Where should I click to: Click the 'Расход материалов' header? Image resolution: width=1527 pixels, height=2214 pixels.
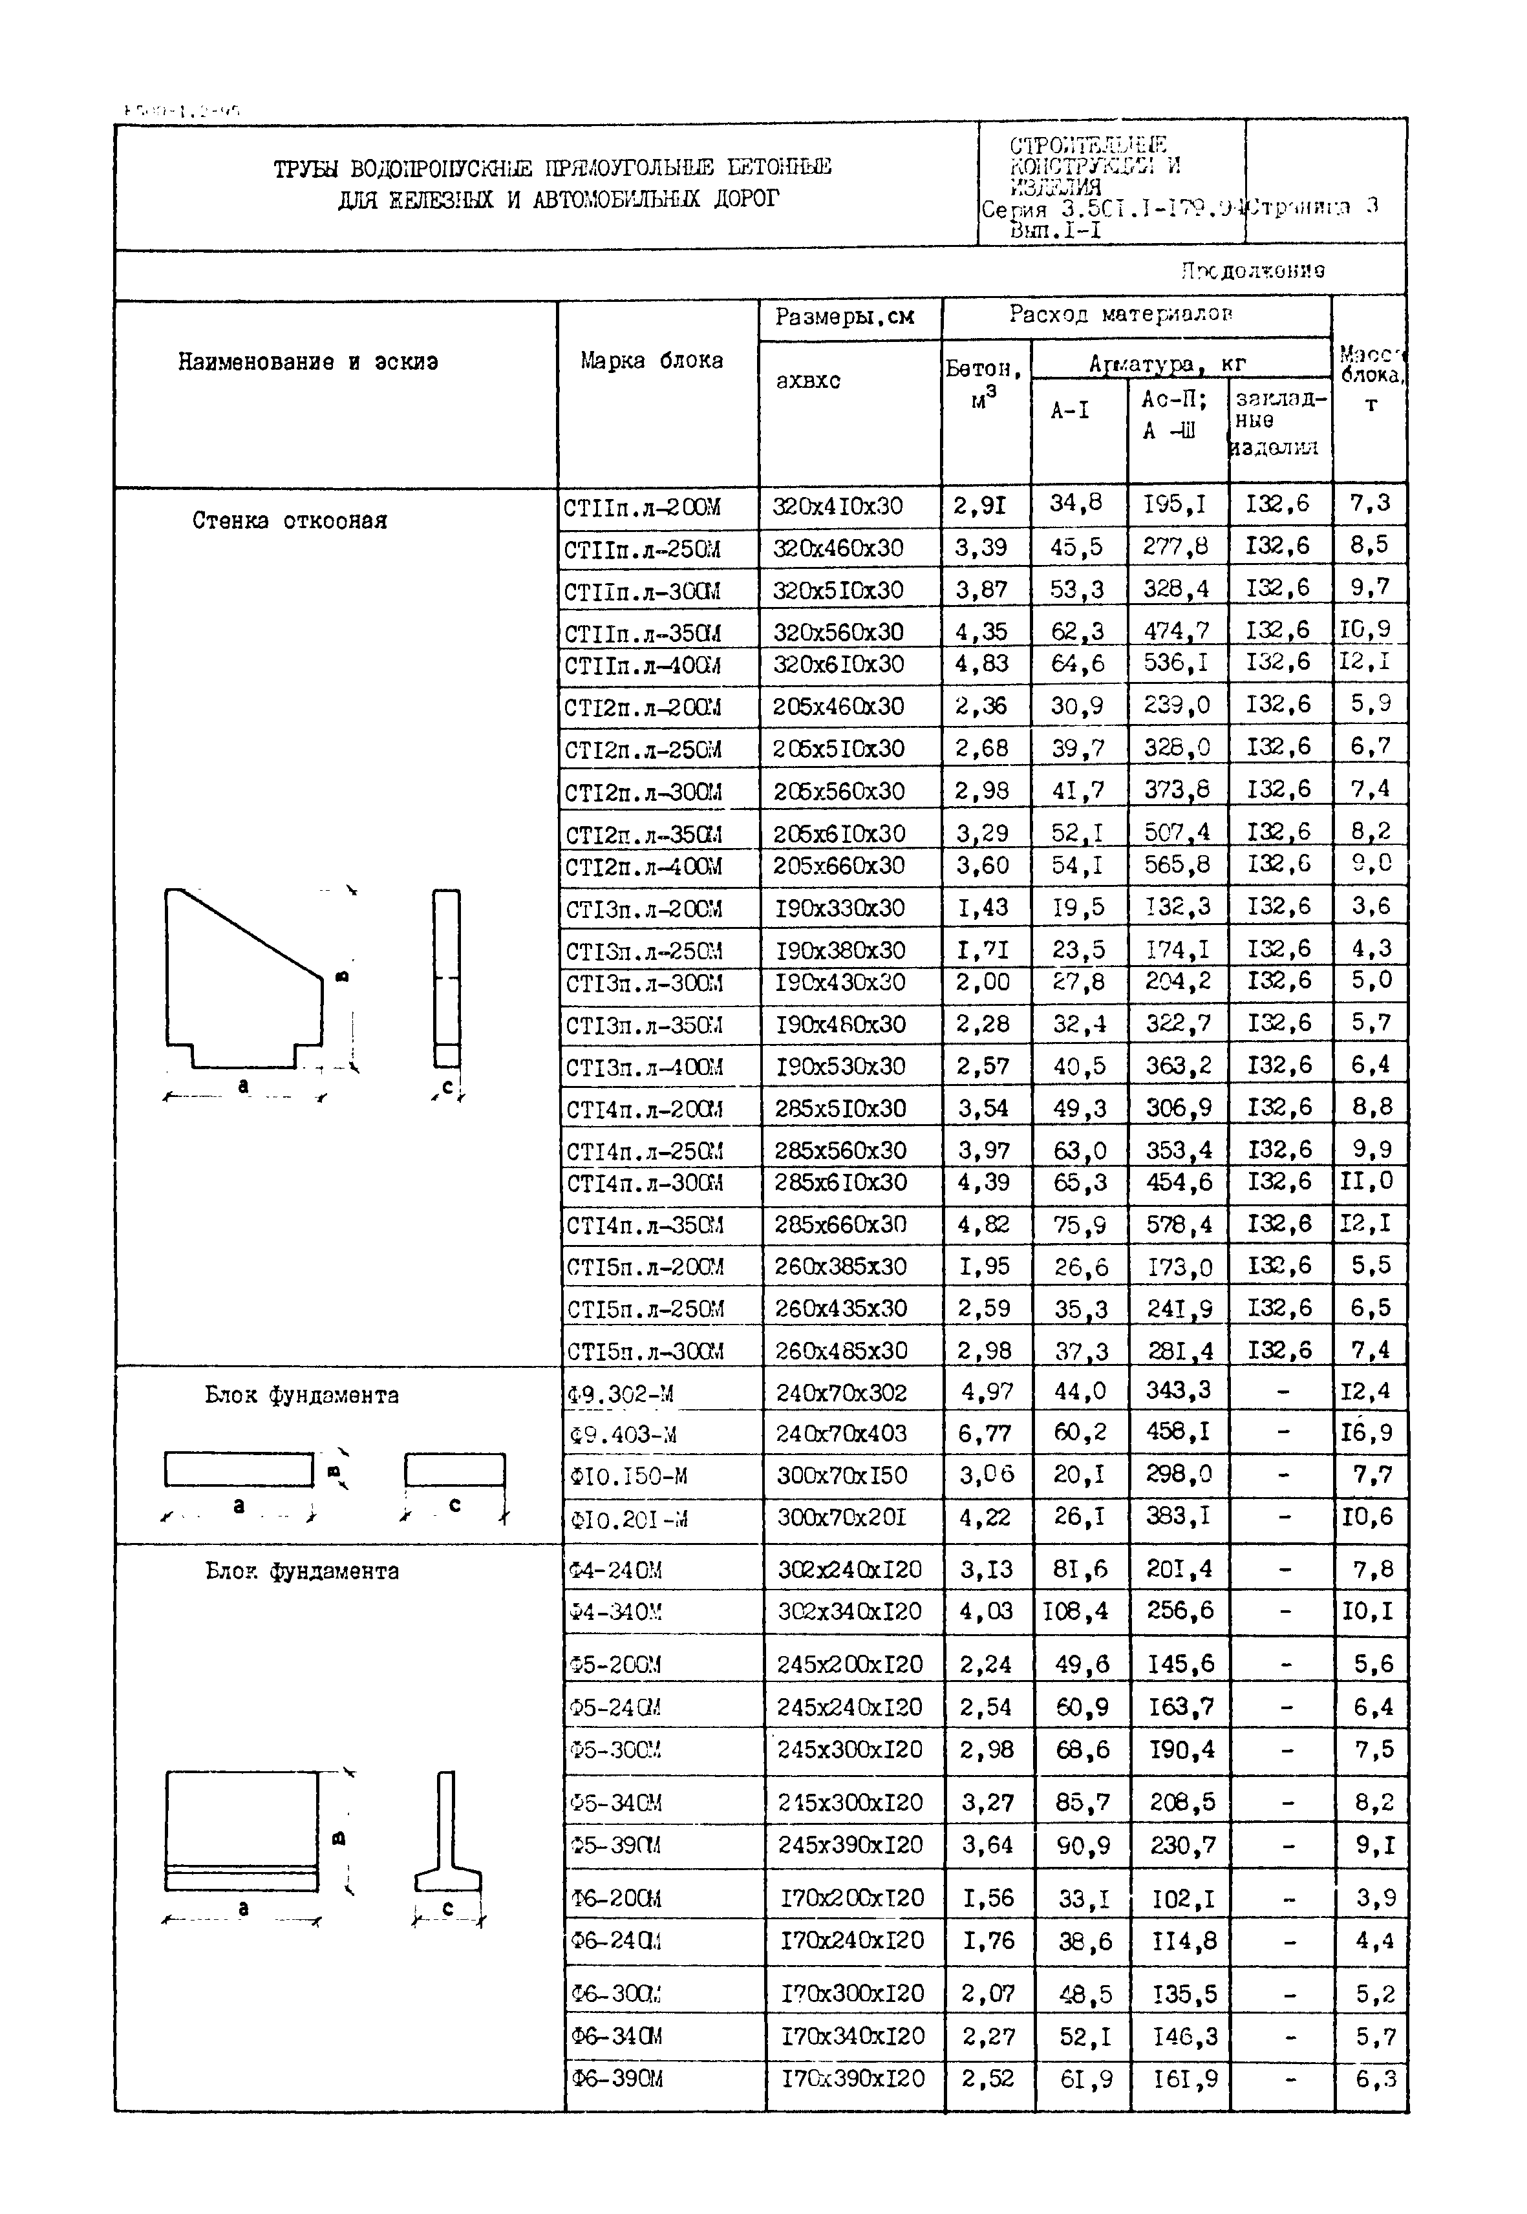tap(1120, 314)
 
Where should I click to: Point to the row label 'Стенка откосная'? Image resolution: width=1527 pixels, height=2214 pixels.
tap(289, 520)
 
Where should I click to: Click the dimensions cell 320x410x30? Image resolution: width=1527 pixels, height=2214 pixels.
tap(837, 506)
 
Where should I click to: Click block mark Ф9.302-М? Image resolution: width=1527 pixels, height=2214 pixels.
tap(620, 1394)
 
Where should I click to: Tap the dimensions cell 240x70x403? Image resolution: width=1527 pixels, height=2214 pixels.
tap(841, 1433)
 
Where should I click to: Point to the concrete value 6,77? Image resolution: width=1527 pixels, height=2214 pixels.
tap(985, 1433)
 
